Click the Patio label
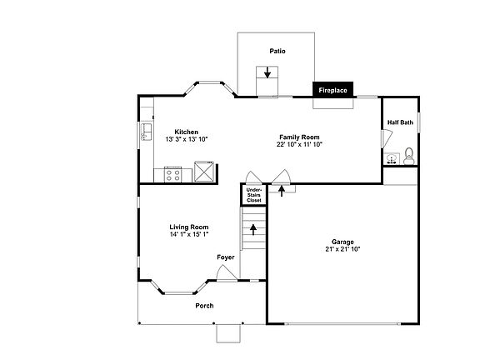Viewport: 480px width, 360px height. point(277,51)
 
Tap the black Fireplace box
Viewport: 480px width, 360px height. point(332,90)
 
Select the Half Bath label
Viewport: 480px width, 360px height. point(400,122)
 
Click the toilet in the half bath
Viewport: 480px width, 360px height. point(408,156)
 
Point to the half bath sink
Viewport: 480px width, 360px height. point(392,158)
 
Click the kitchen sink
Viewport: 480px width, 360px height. point(146,132)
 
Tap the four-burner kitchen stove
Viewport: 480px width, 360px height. point(173,174)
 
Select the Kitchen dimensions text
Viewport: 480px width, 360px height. point(187,139)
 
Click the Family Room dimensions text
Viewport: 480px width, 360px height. point(299,144)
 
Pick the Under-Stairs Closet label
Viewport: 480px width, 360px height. point(254,195)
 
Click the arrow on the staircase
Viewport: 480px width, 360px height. point(253,230)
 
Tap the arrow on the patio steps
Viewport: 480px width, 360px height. point(267,72)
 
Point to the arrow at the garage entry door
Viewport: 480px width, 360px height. point(282,191)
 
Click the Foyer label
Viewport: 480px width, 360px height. point(226,257)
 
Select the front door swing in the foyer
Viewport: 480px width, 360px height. point(227,272)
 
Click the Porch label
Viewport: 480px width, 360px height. point(204,306)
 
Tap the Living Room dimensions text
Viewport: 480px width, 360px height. point(189,234)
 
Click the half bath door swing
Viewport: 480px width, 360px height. point(387,138)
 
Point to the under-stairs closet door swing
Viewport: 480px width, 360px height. point(253,177)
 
